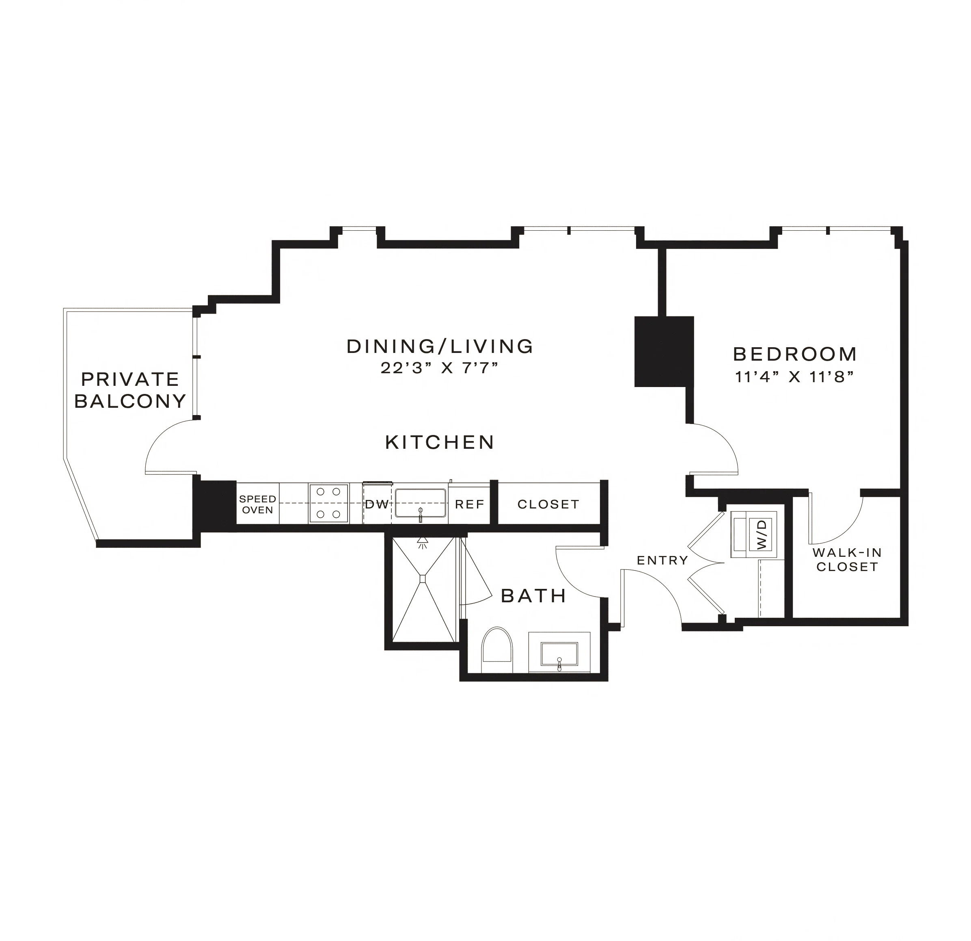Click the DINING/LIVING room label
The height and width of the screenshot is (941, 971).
click(x=440, y=346)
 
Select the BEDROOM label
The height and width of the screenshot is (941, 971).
click(x=795, y=354)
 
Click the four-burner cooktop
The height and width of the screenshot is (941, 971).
click(x=328, y=504)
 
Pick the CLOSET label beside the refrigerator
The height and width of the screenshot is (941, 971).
click(x=548, y=504)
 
